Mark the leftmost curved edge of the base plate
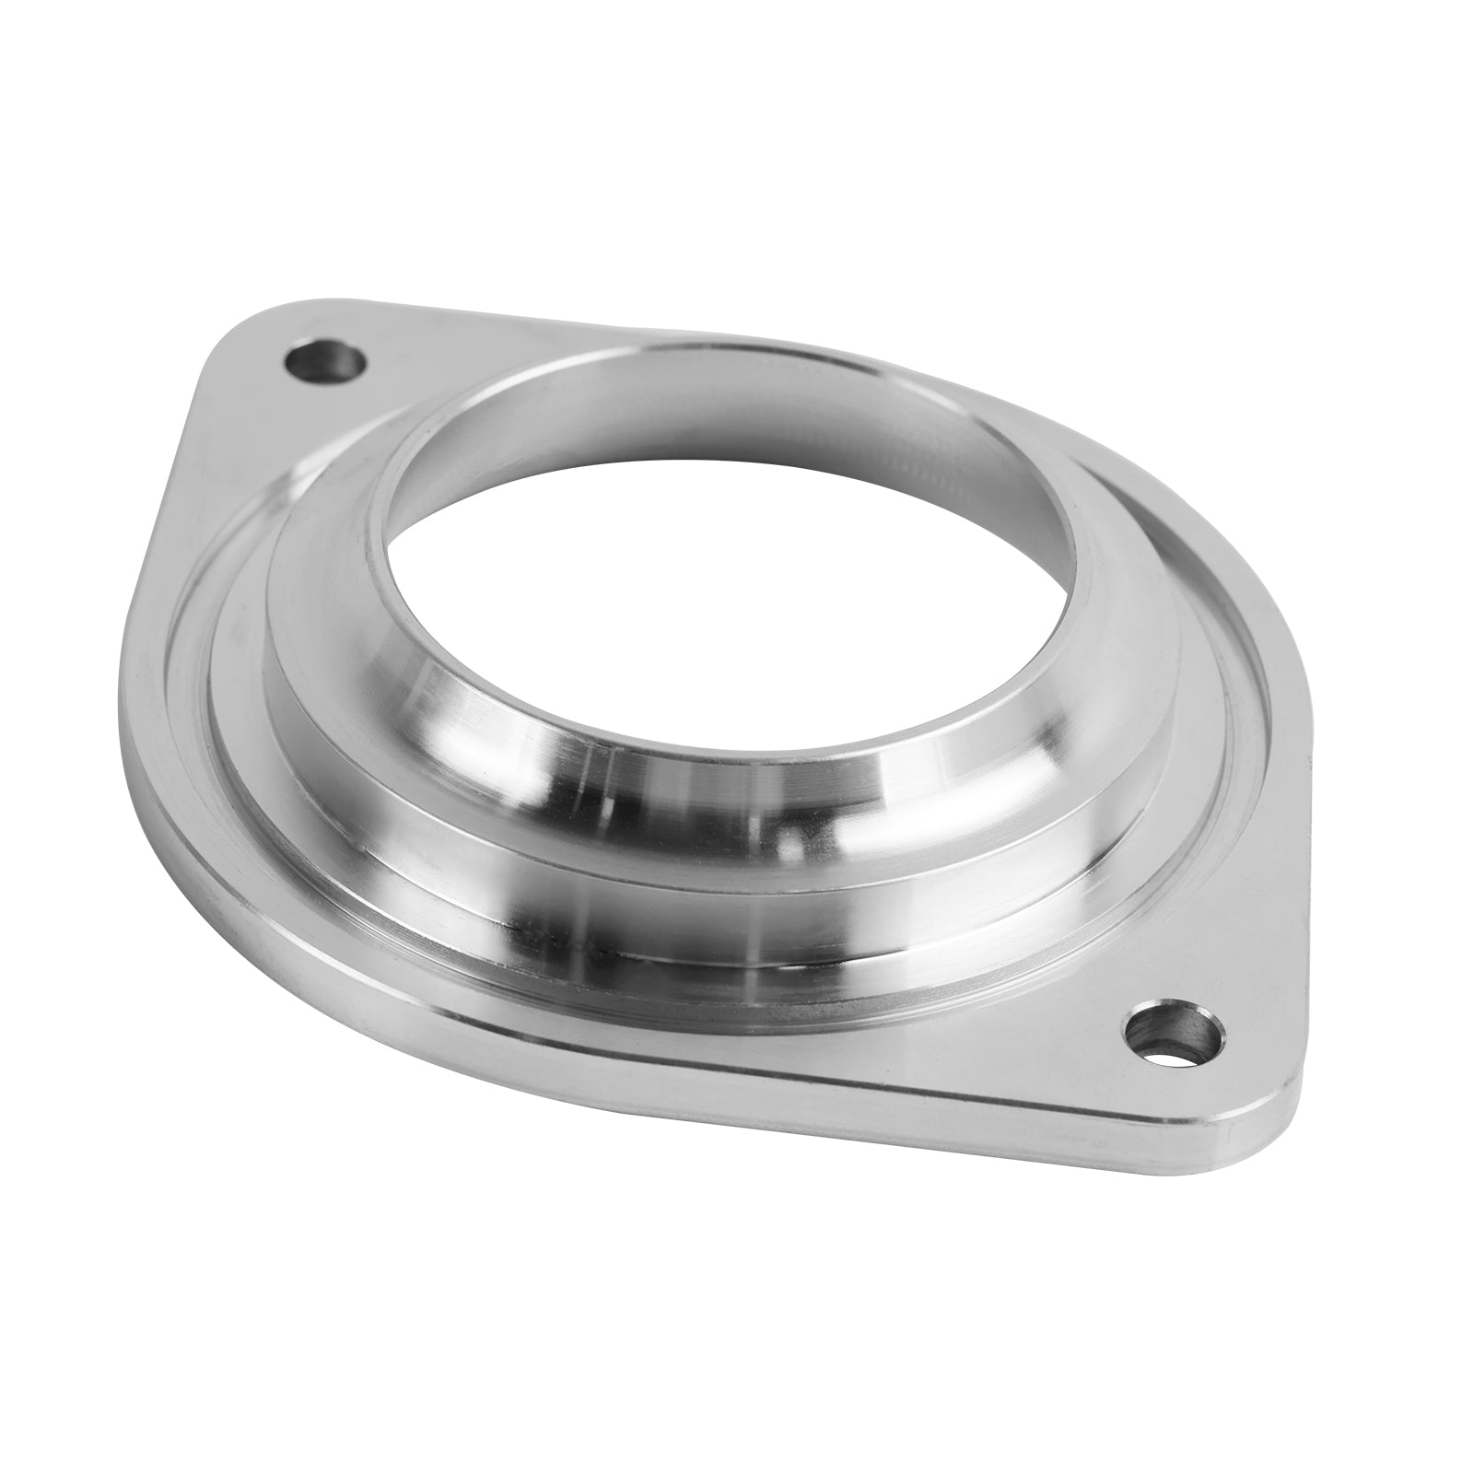coord(129,700)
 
